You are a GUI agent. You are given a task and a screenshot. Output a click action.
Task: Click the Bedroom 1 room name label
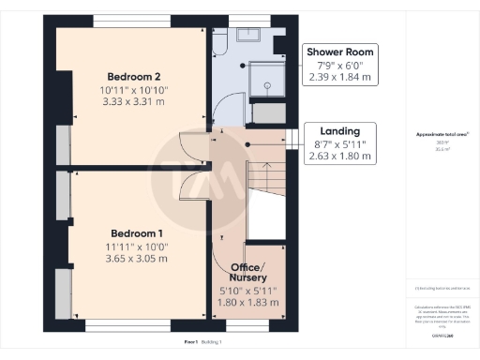click(x=137, y=232)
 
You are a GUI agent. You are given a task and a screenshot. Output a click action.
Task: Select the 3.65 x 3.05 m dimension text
click(x=137, y=258)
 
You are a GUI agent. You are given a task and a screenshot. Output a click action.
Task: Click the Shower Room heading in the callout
click(x=340, y=52)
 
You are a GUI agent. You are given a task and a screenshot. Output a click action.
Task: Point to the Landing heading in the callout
click(x=340, y=130)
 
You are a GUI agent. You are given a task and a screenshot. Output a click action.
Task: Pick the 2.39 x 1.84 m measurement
click(x=340, y=78)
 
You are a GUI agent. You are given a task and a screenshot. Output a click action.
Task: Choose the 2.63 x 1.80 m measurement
click(x=340, y=157)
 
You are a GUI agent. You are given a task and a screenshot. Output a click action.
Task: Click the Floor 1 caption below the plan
click(x=190, y=344)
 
